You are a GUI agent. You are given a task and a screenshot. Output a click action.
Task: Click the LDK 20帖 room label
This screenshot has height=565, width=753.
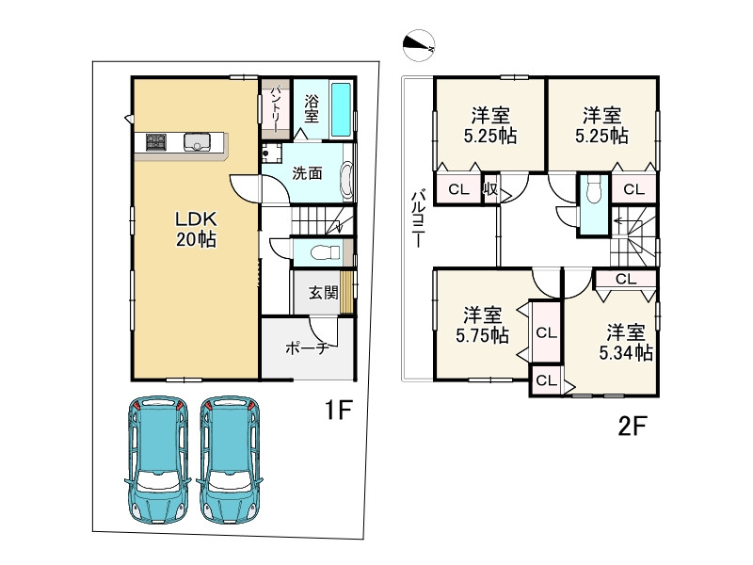pyautogui.click(x=196, y=229)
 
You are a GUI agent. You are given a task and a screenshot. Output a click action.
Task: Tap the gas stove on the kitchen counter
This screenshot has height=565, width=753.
pyautogui.click(x=156, y=142)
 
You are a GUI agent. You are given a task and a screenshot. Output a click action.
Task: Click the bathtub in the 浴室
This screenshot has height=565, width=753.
pyautogui.click(x=341, y=109)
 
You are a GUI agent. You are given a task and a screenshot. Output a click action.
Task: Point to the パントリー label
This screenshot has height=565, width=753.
pyautogui.click(x=276, y=109)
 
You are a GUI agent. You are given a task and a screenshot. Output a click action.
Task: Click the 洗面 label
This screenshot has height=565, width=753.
pyautogui.click(x=308, y=173)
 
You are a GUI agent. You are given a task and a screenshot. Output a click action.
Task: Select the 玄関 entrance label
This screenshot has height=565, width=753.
pyautogui.click(x=323, y=293)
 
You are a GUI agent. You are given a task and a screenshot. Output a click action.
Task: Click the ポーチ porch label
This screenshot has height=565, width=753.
pyautogui.click(x=308, y=347)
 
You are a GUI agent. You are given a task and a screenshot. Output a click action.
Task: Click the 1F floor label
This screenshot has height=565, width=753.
pyautogui.click(x=339, y=410)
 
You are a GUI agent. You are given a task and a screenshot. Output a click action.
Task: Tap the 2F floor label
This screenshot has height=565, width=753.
pyautogui.click(x=633, y=426)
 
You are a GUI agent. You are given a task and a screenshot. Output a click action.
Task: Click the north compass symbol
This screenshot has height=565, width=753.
pyautogui.click(x=418, y=44)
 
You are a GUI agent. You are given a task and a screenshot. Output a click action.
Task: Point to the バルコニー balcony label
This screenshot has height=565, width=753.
pyautogui.click(x=418, y=218)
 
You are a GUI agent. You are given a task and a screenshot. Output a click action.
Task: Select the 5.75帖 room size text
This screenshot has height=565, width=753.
pyautogui.click(x=482, y=335)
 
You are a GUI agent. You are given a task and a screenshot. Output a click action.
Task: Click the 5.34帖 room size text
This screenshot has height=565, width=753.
pyautogui.click(x=626, y=354)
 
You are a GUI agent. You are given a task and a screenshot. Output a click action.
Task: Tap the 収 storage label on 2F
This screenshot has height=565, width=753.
pyautogui.click(x=490, y=189)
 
